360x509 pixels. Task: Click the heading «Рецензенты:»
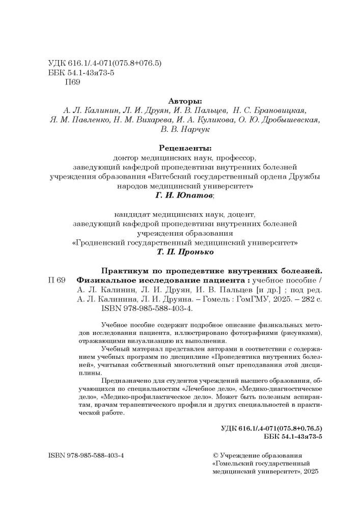(x=184, y=149)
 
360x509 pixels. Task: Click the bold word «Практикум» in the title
(x=124, y=270)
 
